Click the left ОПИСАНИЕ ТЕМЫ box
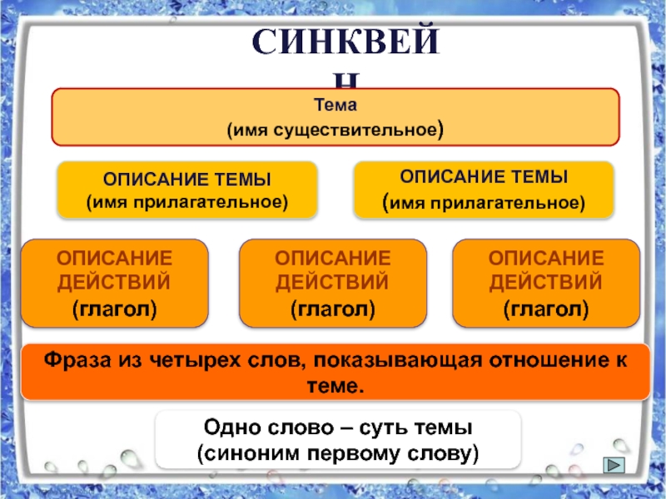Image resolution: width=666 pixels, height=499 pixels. point(186,190)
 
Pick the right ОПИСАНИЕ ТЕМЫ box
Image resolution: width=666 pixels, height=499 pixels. point(484,190)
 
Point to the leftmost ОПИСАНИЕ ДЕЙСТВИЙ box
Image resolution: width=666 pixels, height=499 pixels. point(114,283)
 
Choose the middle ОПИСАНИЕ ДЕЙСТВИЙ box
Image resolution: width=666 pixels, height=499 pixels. point(332,283)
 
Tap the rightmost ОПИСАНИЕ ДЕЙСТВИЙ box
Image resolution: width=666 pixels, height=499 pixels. point(545,283)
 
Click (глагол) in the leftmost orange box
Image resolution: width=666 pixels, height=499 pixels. point(114,309)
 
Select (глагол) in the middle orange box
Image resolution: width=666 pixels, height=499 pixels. point(332,309)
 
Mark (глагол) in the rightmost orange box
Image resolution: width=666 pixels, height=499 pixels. point(545,309)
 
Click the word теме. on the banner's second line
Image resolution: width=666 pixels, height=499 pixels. point(336,386)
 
